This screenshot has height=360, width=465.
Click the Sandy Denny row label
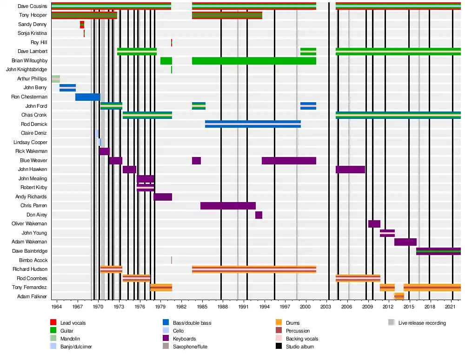32,24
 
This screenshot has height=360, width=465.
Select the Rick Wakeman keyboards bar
104,151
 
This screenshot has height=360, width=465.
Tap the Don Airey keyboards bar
259,215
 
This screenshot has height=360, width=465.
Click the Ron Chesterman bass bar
88,97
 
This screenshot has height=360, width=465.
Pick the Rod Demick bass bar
253,124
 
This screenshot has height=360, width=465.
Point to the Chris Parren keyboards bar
228,206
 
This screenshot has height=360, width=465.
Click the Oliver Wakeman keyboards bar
374,224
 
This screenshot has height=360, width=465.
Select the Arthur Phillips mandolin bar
55,79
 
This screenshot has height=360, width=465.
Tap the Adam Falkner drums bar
399,296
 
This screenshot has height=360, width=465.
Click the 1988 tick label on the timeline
223,307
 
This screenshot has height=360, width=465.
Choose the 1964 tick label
57,307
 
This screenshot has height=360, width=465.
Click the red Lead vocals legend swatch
53,323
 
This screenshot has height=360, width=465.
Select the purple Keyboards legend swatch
166,339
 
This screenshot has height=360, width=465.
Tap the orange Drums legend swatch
279,323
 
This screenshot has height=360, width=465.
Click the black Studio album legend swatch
279,347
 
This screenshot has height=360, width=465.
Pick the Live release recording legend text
422,323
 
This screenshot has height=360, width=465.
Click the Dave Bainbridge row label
29,251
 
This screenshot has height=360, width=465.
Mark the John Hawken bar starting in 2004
350,170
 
